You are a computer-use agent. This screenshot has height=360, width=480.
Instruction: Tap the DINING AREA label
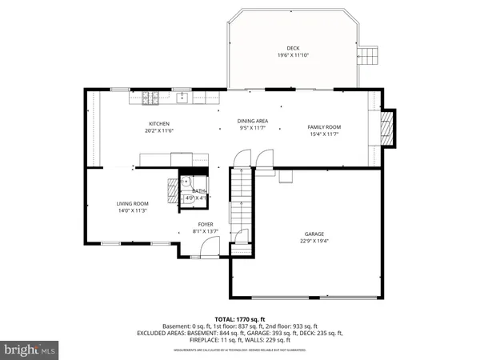click(252, 121)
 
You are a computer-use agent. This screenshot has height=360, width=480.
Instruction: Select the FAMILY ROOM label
click(325, 127)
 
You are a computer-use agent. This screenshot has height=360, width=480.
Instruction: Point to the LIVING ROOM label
click(133, 204)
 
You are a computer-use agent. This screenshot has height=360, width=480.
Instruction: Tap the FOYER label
click(207, 224)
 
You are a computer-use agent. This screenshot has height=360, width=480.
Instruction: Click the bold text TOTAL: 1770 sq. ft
click(240, 319)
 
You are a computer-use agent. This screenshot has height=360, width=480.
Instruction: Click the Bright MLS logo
click(30, 350)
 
